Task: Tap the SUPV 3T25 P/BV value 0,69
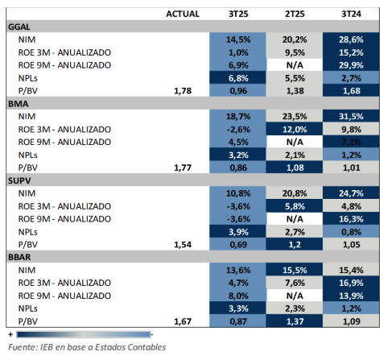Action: [x=237, y=243]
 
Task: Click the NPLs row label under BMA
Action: [x=31, y=155]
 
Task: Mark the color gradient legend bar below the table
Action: [x=81, y=333]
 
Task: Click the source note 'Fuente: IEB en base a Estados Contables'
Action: [x=87, y=347]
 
